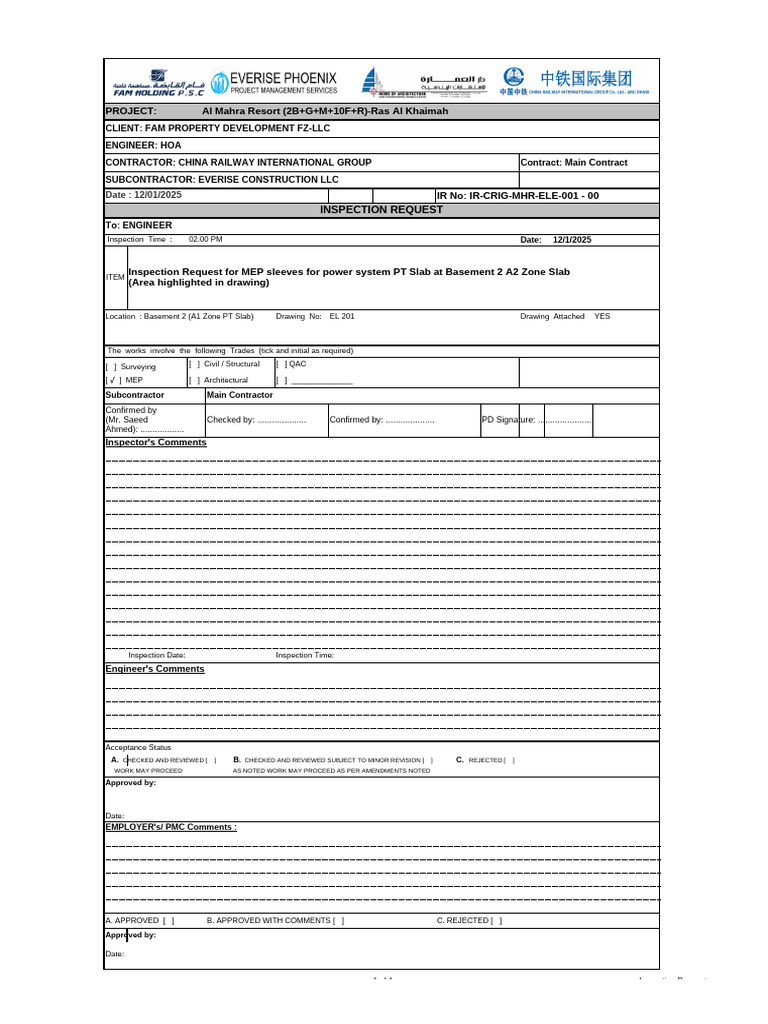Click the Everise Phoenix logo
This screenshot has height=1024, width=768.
tap(274, 82)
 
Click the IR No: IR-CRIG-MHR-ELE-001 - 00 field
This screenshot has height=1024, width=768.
tap(518, 196)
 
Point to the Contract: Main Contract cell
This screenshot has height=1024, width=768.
tap(574, 162)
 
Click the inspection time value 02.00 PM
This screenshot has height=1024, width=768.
tap(205, 240)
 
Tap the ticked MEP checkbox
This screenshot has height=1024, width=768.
tap(115, 380)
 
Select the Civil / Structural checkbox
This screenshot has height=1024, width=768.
tap(194, 365)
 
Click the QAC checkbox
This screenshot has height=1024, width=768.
tap(281, 365)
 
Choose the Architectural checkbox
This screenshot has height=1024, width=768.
tap(194, 380)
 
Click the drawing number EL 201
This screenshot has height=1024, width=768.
tap(341, 316)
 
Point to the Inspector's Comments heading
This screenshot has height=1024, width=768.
tap(156, 442)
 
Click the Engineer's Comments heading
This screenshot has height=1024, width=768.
tap(155, 669)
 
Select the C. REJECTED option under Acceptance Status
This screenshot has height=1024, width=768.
tap(486, 760)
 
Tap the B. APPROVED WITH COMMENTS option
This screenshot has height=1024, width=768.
tap(274, 920)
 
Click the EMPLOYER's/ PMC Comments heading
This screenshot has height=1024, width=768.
tap(171, 827)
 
